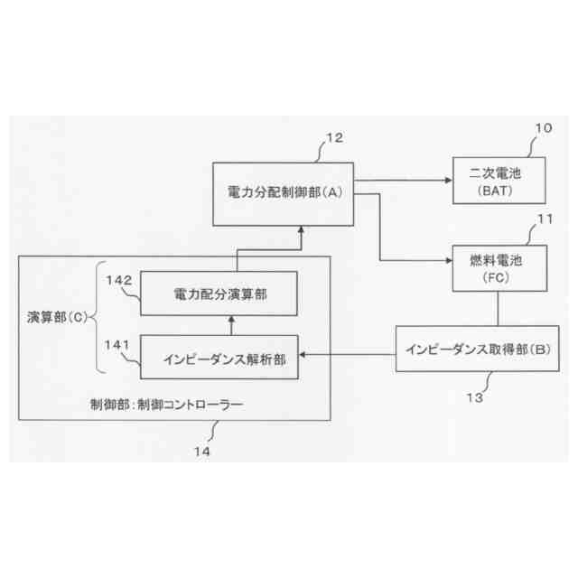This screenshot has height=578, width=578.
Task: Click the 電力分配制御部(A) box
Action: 282,193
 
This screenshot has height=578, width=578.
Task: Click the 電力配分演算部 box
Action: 220,293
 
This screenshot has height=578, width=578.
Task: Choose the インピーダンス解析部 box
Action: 220,358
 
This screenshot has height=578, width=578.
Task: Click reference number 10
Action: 542,128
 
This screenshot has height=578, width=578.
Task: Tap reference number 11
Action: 544,219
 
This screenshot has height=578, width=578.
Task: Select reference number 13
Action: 473,396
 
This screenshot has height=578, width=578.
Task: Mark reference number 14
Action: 207,449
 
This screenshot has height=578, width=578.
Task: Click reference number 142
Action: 119,280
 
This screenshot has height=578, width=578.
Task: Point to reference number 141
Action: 119,344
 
